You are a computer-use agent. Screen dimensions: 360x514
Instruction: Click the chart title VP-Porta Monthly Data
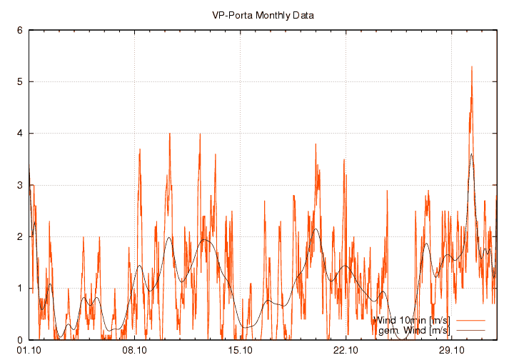(x=262, y=15)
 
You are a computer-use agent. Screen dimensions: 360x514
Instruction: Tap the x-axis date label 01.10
(x=29, y=351)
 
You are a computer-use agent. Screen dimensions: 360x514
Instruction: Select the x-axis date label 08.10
(x=134, y=351)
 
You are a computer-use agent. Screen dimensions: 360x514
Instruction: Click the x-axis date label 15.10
(x=241, y=351)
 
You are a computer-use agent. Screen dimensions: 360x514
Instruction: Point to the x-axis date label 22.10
(x=346, y=351)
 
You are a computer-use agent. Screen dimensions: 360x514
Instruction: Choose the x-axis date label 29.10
(x=452, y=351)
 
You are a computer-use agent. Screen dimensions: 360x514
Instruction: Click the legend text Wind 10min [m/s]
(x=412, y=319)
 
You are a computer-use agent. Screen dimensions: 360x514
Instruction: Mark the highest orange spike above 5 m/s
(x=471, y=67)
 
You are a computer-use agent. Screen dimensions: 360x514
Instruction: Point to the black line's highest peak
(x=471, y=154)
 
